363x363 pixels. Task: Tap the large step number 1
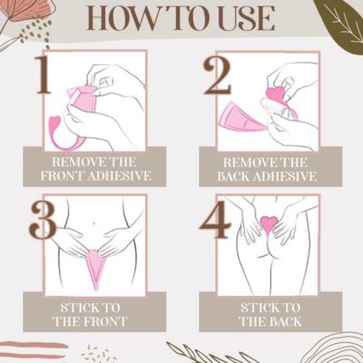tap(44, 74)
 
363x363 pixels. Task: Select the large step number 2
tap(217, 74)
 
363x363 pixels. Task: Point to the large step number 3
tap(43, 220)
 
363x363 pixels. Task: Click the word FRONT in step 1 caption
tap(63, 175)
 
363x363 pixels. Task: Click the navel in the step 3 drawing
tap(94, 223)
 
